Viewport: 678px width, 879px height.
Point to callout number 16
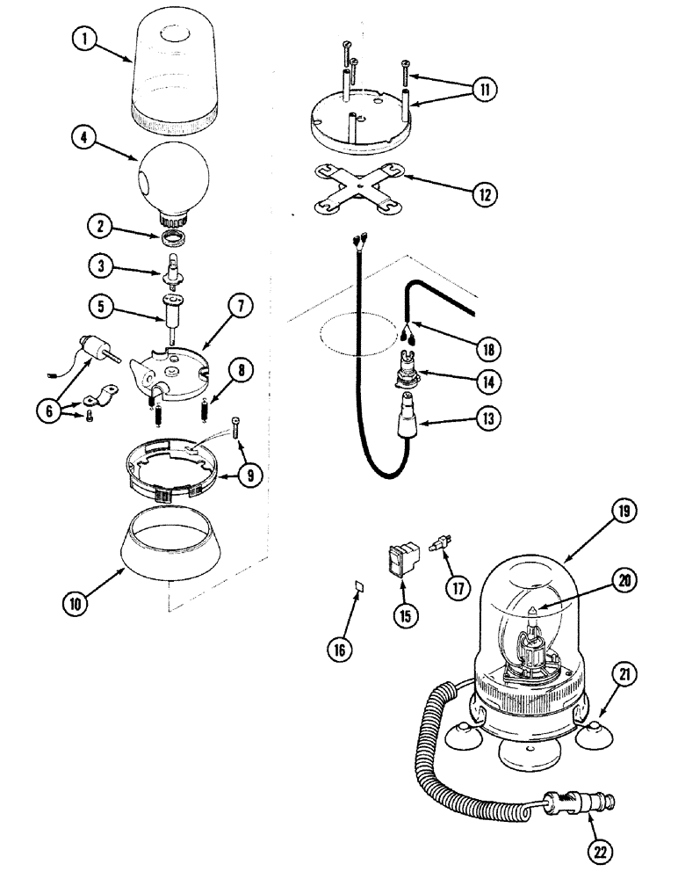pos(340,649)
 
